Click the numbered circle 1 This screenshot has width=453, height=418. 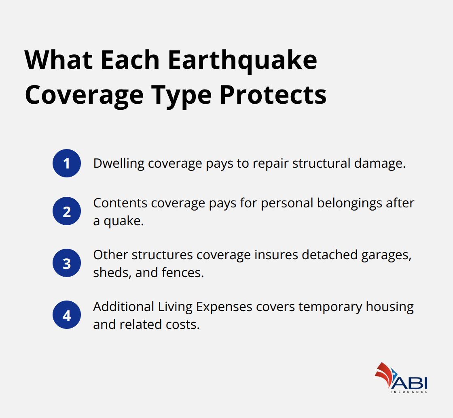[67, 163]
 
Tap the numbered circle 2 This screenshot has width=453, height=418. [67, 211]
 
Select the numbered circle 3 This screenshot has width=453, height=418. [67, 263]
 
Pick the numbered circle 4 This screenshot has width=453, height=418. [67, 315]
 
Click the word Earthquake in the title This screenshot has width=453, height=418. [242, 61]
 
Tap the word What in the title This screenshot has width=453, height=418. [58, 61]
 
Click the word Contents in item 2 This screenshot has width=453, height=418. [120, 203]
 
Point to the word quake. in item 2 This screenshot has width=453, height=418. [124, 221]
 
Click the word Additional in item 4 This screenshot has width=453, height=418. [123, 307]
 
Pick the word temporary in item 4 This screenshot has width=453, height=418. [330, 307]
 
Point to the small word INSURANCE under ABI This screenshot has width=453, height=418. [409, 392]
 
